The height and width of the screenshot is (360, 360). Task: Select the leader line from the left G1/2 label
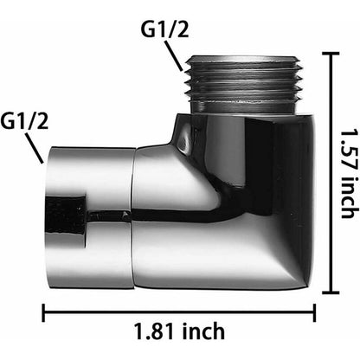[35, 151]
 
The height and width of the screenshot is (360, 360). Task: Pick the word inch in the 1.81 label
[205, 330]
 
